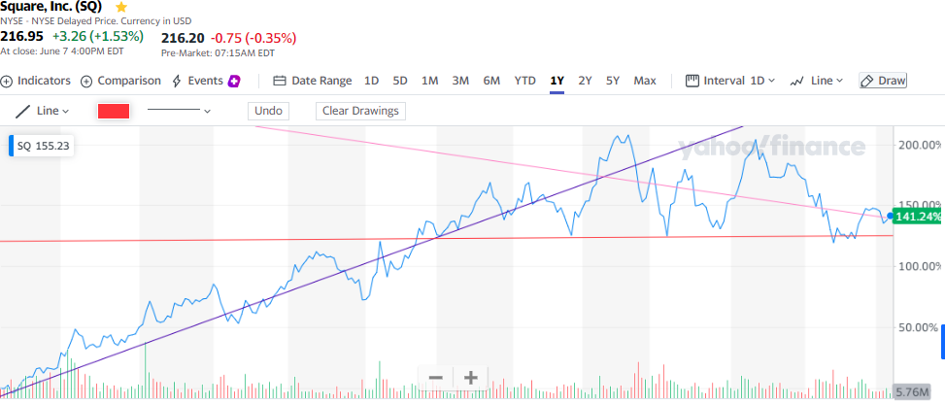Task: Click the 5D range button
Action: [400, 81]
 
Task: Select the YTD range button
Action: [524, 81]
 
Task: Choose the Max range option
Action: [645, 81]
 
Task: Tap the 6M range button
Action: [491, 81]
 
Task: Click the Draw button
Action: [883, 81]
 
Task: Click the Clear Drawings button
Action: [360, 111]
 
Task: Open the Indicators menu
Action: [37, 81]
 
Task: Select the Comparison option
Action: [120, 81]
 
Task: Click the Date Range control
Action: [312, 81]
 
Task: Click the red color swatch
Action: [114, 111]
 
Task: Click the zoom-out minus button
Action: [436, 378]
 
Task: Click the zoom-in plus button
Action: [471, 378]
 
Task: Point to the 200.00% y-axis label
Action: [918, 145]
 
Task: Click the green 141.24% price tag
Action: [918, 217]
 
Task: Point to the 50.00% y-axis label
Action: [918, 327]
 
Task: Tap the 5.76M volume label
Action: [917, 391]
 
